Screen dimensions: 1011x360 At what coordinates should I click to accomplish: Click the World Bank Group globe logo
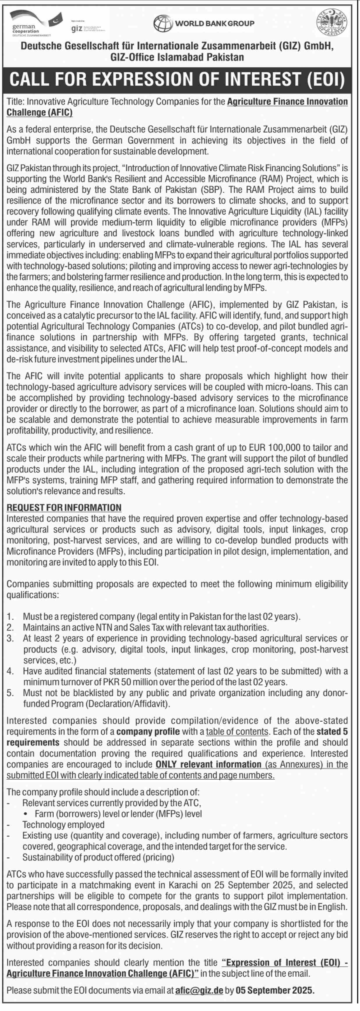click(162, 24)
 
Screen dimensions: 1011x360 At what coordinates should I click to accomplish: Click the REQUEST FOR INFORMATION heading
click(64, 508)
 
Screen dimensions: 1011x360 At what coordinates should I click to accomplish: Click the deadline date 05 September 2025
click(275, 990)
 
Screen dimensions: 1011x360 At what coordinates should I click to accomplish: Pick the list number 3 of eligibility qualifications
click(10, 638)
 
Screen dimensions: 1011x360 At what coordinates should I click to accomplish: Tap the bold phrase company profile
click(148, 732)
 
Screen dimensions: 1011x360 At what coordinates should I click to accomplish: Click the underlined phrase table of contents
click(237, 732)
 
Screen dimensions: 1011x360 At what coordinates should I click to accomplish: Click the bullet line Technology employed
click(63, 824)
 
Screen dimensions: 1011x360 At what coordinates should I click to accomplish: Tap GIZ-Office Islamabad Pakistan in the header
click(177, 57)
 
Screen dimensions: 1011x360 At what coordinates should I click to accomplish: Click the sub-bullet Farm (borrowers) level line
click(118, 814)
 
